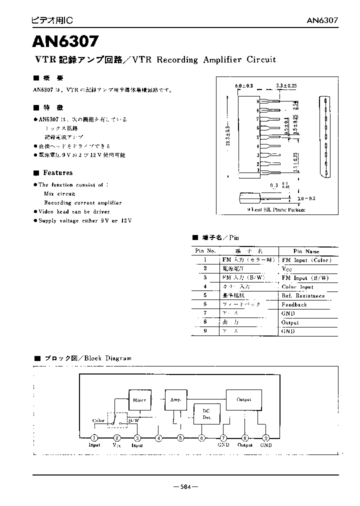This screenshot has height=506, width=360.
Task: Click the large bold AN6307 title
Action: click(66, 39)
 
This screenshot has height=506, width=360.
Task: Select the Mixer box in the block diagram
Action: click(139, 399)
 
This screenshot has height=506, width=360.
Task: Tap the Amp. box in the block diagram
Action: click(175, 399)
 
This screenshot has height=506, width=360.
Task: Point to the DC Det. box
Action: click(206, 413)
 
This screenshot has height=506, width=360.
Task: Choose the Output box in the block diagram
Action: click(244, 399)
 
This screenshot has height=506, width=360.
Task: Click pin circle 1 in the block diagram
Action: click(94, 438)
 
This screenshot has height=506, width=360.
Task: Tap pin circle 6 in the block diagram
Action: click(202, 438)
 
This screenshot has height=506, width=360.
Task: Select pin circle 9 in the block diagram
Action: click(266, 438)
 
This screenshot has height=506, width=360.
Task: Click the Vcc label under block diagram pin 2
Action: click(116, 445)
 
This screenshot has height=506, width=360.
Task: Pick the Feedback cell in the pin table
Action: click(294, 304)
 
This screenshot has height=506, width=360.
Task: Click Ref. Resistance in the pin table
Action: click(303, 295)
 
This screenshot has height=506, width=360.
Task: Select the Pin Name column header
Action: click(306, 251)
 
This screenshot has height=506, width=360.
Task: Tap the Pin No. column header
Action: click(205, 251)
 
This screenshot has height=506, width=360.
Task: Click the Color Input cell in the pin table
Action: click(297, 287)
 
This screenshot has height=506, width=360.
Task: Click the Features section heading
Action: click(57, 173)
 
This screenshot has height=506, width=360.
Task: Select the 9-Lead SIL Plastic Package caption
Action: click(276, 210)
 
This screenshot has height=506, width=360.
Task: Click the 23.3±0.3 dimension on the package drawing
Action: click(228, 136)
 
